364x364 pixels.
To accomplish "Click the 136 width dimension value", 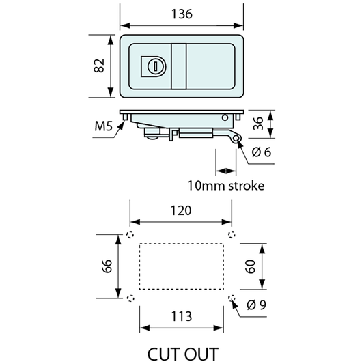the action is pyautogui.click(x=182, y=14).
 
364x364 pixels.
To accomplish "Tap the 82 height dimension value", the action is pyautogui.click(x=99, y=66).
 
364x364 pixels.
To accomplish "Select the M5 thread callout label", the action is pyautogui.click(x=104, y=126).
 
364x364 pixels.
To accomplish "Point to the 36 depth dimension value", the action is pyautogui.click(x=258, y=124).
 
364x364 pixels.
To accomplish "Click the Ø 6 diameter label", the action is pyautogui.click(x=262, y=152).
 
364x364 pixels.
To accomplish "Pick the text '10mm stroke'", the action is pyautogui.click(x=226, y=186).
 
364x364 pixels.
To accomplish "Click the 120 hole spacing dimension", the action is pyautogui.click(x=181, y=210).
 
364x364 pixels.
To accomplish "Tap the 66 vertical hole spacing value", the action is pyautogui.click(x=107, y=266).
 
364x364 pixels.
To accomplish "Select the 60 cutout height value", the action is pyautogui.click(x=250, y=267).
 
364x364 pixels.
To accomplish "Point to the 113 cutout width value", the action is pyautogui.click(x=182, y=316).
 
